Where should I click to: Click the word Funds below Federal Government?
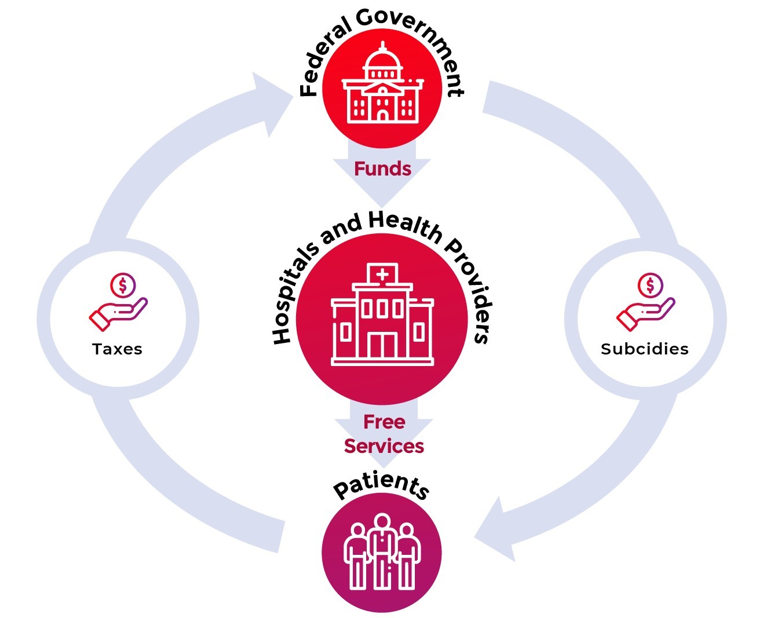382,169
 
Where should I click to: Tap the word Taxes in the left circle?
117,349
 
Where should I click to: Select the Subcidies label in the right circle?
644,349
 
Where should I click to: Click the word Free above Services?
384,422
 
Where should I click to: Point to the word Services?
384,447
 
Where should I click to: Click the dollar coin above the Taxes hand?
122,285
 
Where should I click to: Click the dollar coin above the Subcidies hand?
649,285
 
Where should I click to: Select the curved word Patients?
381,485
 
